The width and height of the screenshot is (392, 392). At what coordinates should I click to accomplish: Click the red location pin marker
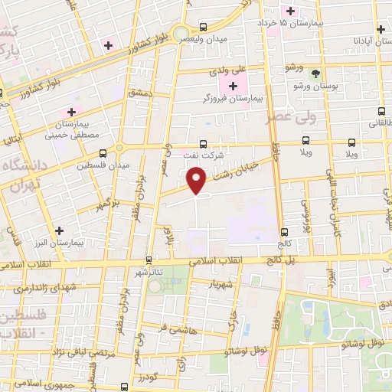(x=198, y=181)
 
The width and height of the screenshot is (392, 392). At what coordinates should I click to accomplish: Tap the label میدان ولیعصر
(x=203, y=37)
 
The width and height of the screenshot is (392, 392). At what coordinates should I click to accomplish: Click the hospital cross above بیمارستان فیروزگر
(x=233, y=86)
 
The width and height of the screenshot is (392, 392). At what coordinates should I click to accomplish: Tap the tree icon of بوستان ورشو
(x=318, y=73)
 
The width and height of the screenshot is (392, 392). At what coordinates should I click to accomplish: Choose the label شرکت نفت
(x=203, y=154)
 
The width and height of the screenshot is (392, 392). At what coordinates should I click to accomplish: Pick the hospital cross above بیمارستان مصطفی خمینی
(x=71, y=112)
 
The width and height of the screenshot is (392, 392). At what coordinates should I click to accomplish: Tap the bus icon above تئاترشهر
(x=149, y=260)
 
